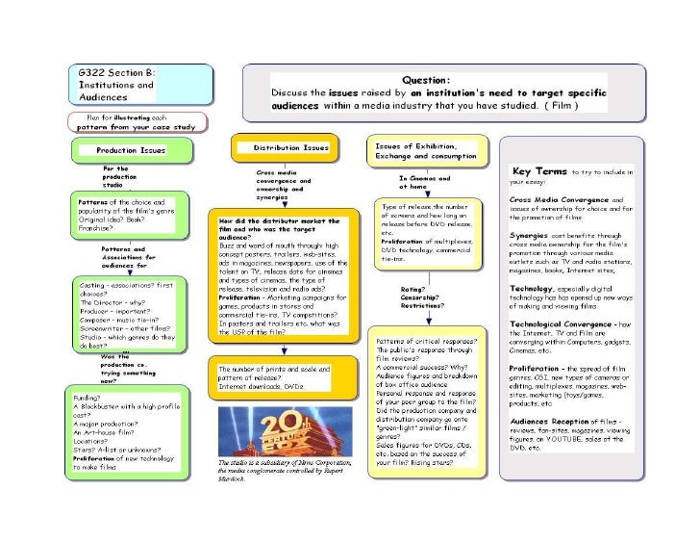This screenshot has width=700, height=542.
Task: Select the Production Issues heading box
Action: coord(132,150)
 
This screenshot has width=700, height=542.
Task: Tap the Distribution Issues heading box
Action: coord(283,148)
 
